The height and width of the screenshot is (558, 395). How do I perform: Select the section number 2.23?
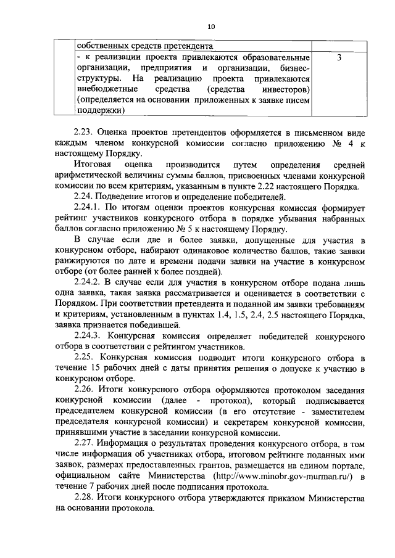pyautogui.click(x=84, y=133)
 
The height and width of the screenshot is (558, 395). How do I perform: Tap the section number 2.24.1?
pyautogui.click(x=88, y=207)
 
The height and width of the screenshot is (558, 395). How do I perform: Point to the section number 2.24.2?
pyautogui.click(x=88, y=282)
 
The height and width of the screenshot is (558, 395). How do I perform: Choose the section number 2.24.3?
pyautogui.click(x=88, y=336)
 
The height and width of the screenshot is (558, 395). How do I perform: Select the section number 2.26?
pyautogui.click(x=84, y=390)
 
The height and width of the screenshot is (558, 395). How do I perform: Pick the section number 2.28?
pyautogui.click(x=84, y=498)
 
